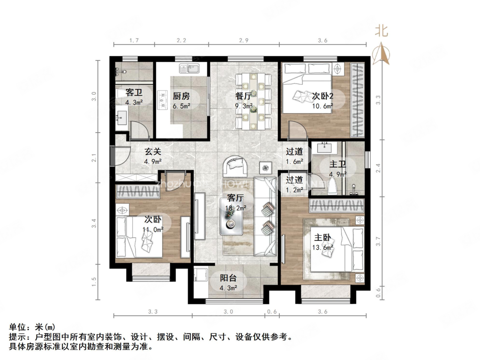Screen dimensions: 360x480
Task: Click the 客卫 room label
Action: [x=134, y=92]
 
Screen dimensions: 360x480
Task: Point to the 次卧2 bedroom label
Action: [x=322, y=96]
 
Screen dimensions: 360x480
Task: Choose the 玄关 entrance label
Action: [x=153, y=152]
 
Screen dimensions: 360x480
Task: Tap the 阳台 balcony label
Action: [x=229, y=277]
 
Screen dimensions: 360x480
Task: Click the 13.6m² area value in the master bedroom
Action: [x=323, y=247]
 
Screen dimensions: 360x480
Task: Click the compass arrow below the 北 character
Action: [x=382, y=53]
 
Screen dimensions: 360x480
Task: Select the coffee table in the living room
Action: [x=232, y=216]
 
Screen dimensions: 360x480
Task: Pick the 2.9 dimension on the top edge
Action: [x=243, y=41]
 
